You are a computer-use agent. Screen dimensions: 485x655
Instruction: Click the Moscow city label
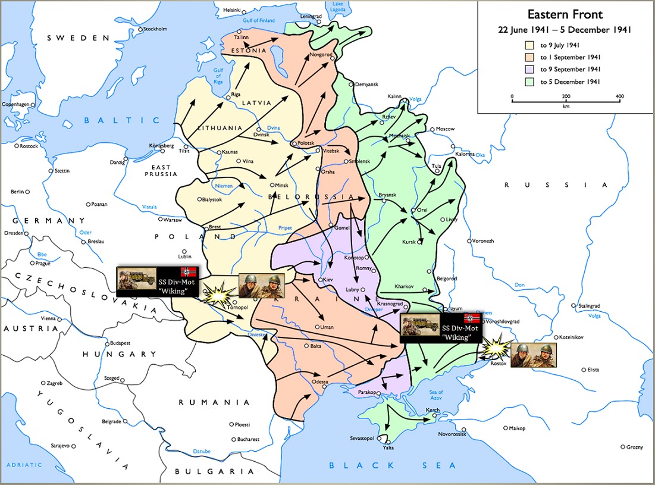pos(445,129)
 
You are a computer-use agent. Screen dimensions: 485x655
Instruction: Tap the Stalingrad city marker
pos(575,306)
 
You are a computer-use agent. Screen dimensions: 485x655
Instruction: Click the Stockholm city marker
pos(140,29)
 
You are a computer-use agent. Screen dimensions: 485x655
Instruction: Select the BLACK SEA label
pos(392,465)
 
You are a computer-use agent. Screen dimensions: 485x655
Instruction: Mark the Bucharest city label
pos(248,439)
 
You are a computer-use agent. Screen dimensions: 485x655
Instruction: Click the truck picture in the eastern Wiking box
pos(419,327)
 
